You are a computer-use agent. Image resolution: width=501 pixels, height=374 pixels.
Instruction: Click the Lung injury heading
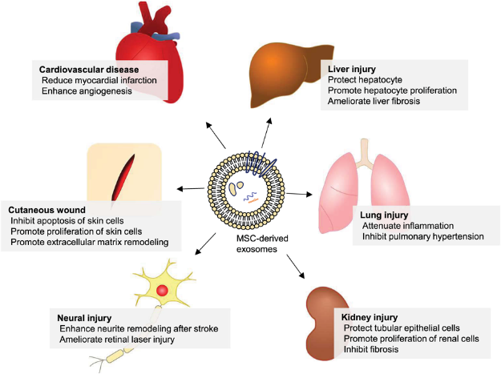click(380, 215)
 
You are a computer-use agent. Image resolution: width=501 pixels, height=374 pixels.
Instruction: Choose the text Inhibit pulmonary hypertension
click(415, 236)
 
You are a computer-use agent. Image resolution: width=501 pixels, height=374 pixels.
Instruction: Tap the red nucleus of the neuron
click(162, 290)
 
